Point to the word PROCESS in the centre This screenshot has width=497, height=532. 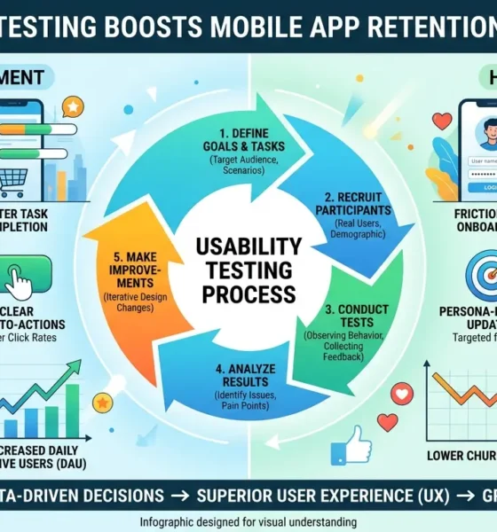tap(248, 293)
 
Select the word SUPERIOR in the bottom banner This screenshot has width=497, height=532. tap(232, 493)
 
